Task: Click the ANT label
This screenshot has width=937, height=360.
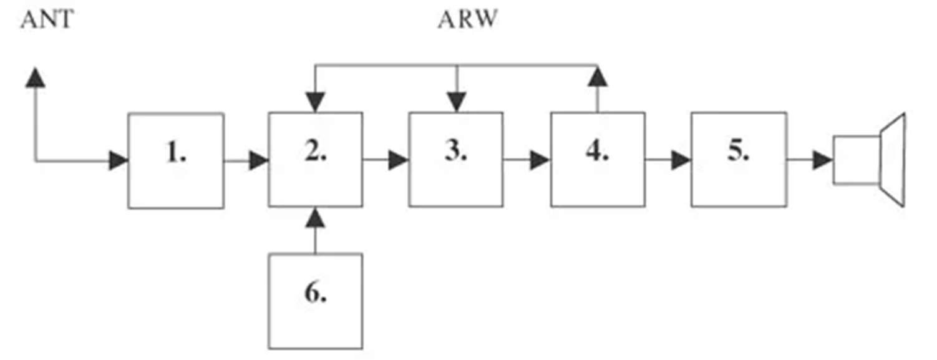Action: [x=47, y=20]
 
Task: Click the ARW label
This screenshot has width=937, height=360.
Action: [x=468, y=20]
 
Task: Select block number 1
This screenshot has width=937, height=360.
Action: [x=176, y=160]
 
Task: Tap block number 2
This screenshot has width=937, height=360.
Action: [x=316, y=160]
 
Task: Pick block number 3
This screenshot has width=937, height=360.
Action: [x=456, y=160]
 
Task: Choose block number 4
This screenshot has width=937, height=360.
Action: [x=598, y=160]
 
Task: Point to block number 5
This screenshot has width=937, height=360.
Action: [x=739, y=160]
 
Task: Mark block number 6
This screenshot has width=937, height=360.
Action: [x=316, y=301]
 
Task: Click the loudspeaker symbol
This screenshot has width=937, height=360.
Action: [x=870, y=160]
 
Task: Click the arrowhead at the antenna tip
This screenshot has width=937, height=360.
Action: [x=36, y=77]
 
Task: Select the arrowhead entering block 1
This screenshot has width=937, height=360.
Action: [x=119, y=161]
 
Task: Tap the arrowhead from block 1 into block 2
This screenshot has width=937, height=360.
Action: [x=258, y=161]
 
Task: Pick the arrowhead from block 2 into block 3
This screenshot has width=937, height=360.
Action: [x=398, y=161]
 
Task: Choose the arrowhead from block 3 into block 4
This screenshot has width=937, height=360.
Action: [x=540, y=161]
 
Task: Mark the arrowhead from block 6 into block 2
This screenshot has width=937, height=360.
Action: [x=316, y=218]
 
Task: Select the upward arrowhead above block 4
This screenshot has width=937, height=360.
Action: [x=598, y=77]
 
